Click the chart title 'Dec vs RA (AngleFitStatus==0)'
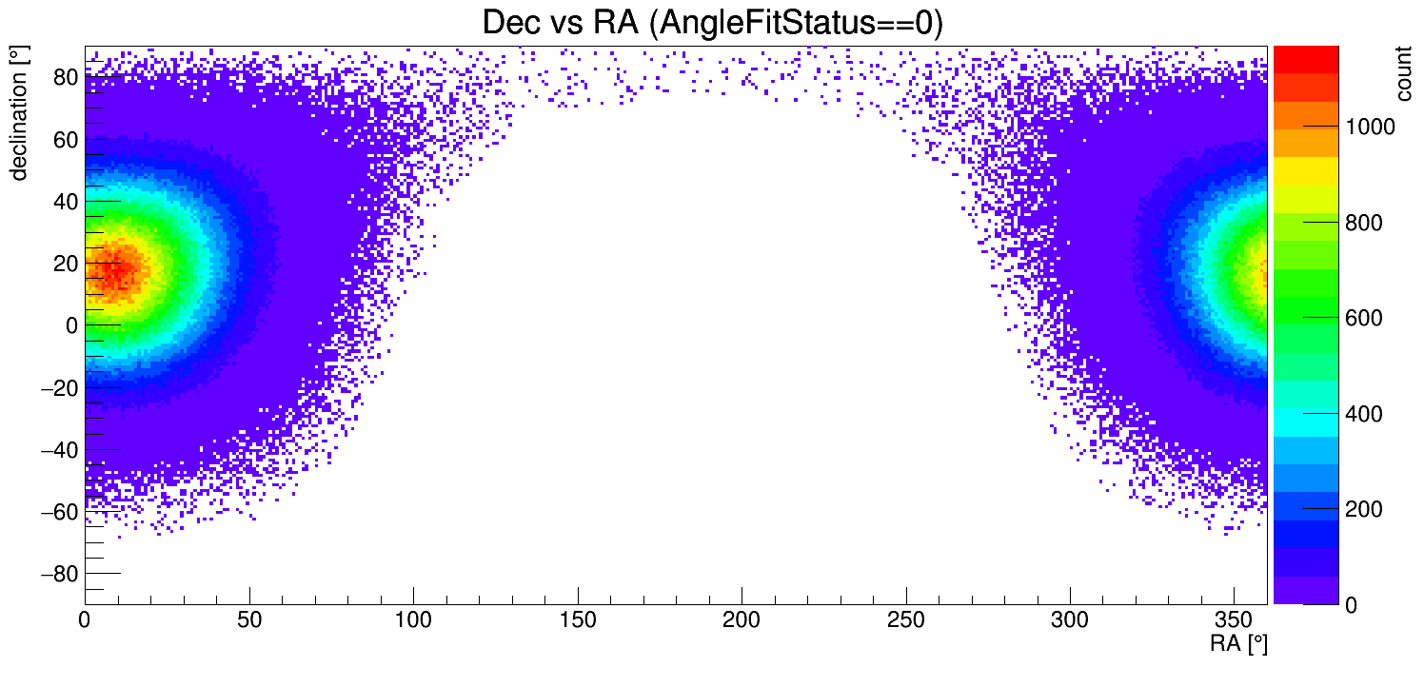pos(712,23)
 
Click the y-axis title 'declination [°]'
pos(19,115)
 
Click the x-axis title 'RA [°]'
pos(1238,644)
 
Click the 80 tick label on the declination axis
pos(64,77)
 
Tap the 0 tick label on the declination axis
pos(70,325)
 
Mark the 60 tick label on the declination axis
pos(64,139)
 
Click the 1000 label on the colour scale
pos(1371,127)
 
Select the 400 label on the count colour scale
pos(1362,414)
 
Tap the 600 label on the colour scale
pos(1362,318)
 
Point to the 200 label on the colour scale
pos(1362,510)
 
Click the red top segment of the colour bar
pos(1306,57)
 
